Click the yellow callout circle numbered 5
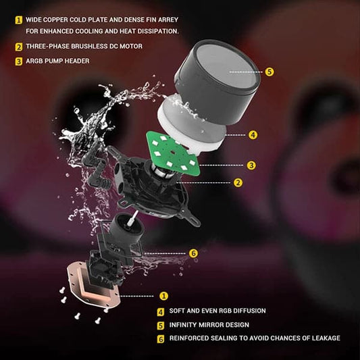point(269,72)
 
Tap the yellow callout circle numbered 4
point(253,135)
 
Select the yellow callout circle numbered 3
point(251,165)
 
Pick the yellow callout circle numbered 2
point(238,183)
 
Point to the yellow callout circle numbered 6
point(193,253)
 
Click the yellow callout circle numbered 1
point(163,296)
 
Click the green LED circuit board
point(172,153)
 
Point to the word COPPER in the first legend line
point(55,20)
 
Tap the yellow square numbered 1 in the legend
point(19,20)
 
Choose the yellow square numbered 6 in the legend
point(161,339)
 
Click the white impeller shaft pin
point(132,218)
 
